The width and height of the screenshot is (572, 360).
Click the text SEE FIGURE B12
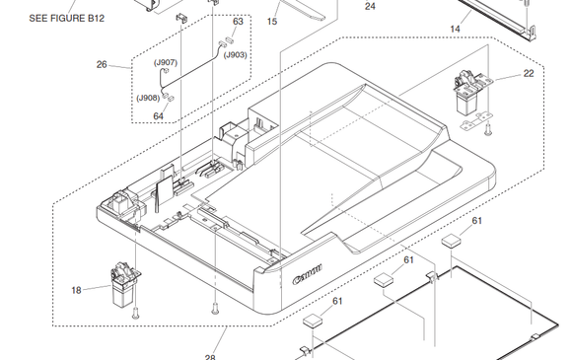tap(66, 18)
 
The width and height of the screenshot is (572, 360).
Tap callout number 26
tap(102, 64)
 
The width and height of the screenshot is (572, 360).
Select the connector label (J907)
tap(166, 63)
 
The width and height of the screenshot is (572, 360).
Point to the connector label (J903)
tap(236, 55)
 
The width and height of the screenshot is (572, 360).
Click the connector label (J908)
tap(148, 98)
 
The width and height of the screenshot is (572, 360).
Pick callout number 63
tap(238, 22)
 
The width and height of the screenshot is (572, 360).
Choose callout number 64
tap(158, 116)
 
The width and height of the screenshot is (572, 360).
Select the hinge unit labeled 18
tap(124, 284)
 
